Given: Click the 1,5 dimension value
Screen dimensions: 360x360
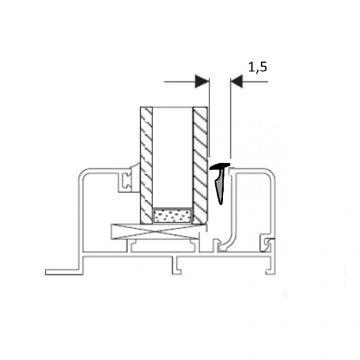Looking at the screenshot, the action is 258,67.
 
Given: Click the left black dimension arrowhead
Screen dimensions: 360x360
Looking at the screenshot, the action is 202,81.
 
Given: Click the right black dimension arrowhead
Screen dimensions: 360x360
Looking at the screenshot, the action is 236,81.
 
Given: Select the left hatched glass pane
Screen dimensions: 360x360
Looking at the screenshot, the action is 146,166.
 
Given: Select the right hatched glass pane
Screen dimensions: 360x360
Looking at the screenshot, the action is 200,166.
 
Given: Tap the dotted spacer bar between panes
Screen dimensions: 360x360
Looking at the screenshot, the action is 172,216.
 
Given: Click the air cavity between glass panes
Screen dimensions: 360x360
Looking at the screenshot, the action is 172,158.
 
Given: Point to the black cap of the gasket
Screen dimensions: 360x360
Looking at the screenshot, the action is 220,166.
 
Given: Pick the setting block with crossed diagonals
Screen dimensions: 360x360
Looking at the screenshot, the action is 158,232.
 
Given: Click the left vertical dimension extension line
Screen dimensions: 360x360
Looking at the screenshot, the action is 209,117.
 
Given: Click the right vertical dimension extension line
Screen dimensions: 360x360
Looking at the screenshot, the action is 230,118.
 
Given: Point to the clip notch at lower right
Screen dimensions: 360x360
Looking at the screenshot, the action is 268,244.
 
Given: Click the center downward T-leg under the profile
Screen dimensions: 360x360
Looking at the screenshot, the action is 177,265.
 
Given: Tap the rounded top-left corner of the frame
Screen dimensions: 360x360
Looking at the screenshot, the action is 84,175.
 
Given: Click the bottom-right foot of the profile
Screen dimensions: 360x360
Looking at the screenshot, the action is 270,272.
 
